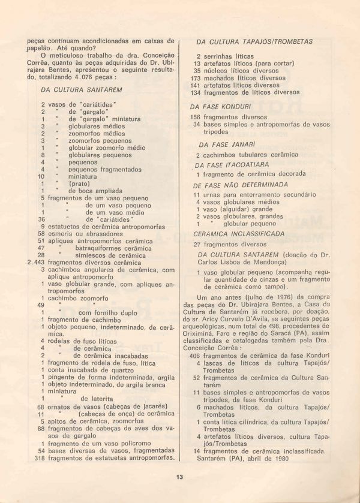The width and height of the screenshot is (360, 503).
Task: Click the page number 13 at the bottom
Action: (179, 477)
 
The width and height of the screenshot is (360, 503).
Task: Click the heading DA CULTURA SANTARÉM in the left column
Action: (82, 90)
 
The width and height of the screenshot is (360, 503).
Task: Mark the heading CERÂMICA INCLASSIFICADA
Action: (239, 234)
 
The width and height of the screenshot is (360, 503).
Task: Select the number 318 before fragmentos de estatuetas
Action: (40, 458)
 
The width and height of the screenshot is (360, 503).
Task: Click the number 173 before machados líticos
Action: (195, 78)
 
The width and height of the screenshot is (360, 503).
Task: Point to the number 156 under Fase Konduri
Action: (195, 117)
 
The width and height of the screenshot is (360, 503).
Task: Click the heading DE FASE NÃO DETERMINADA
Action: (241, 185)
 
